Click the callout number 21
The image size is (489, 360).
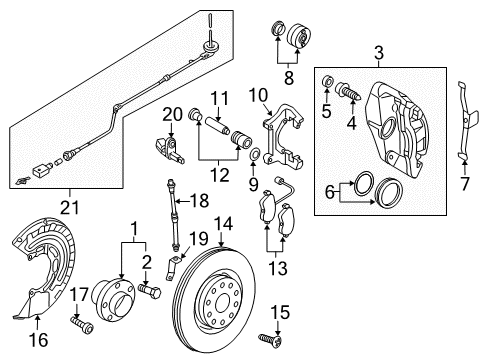pos(70,208)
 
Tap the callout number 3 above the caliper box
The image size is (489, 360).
pos(379,53)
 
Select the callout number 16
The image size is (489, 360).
pos(38,340)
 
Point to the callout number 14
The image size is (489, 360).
pos(223,224)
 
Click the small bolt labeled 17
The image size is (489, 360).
pos(82,325)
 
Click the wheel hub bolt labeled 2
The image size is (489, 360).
pos(149,291)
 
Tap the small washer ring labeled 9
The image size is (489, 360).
pos(254,154)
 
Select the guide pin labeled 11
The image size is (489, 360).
pos(217,125)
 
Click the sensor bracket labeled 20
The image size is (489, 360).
pos(169,149)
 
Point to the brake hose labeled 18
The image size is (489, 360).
pos(173,215)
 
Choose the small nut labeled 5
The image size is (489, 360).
pos(328,82)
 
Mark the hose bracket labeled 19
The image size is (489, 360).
pos(172,267)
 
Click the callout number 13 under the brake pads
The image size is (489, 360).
pos(278,268)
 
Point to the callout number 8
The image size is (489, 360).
pos(288,78)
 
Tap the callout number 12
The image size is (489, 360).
pos(219,175)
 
